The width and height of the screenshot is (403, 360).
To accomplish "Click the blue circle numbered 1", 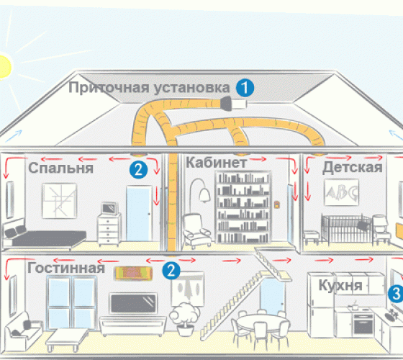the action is [245, 88].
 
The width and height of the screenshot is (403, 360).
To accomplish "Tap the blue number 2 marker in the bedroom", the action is [138, 170].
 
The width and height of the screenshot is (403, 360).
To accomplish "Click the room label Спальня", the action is [60, 168].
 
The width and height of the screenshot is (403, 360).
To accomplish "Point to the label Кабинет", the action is [216, 163].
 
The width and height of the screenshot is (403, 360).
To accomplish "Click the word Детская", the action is [353, 167].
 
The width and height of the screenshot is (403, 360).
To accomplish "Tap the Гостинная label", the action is [66, 268].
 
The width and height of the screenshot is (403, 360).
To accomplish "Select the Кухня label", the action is [340, 285].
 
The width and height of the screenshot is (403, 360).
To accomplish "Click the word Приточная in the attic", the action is [109, 87].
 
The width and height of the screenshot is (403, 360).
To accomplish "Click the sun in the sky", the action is [4, 66].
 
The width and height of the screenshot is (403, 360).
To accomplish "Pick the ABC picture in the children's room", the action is [341, 193].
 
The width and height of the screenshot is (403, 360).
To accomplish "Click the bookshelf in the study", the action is [243, 207].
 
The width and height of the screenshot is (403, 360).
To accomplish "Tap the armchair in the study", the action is [196, 230].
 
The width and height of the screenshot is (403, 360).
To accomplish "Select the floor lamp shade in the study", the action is [204, 195].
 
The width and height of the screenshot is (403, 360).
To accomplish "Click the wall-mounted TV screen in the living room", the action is [133, 303].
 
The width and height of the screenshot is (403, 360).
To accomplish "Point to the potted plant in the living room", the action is [184, 319].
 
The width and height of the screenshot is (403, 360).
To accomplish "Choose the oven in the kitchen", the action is [363, 324].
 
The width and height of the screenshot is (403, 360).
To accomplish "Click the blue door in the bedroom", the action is [138, 213].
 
